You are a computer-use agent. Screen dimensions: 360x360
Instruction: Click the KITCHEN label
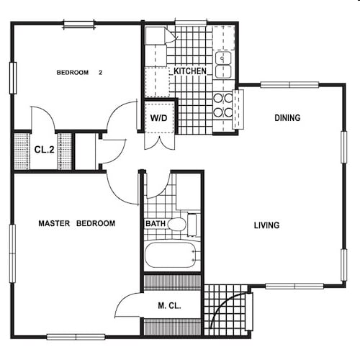click(x=190, y=71)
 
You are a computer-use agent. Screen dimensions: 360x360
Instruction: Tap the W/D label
click(x=158, y=117)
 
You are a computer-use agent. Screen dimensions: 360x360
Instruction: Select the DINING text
click(x=287, y=117)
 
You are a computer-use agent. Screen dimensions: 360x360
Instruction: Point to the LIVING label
click(x=266, y=225)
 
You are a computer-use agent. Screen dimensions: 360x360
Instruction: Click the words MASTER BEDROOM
click(x=76, y=223)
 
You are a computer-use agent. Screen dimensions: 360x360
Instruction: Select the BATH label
click(x=156, y=224)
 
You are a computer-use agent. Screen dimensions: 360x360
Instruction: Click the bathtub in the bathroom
click(x=171, y=255)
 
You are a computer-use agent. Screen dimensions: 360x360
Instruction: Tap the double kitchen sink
click(x=224, y=65)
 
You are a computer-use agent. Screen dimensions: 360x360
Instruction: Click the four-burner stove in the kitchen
click(x=223, y=105)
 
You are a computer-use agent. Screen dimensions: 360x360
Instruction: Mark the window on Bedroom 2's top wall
click(x=78, y=24)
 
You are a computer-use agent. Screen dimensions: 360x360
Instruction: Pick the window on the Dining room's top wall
click(x=289, y=85)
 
